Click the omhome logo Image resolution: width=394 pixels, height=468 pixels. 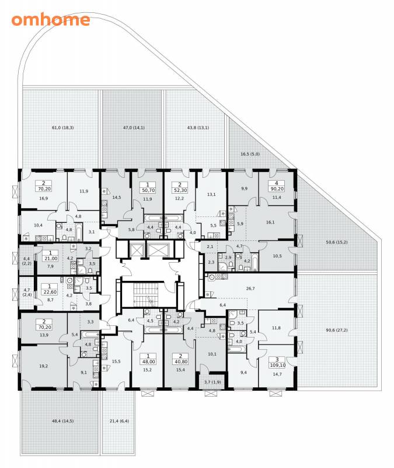[x=51, y=20]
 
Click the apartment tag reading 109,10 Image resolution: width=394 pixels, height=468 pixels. [x=277, y=362]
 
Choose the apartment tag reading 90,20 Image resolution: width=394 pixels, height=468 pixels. [x=277, y=186]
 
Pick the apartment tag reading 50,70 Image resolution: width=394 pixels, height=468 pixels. [x=148, y=187]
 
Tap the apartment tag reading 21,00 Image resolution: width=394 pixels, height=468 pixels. [x=51, y=256]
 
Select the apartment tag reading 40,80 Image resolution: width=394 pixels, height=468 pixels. [x=180, y=359]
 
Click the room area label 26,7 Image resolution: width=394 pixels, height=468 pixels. [x=250, y=288]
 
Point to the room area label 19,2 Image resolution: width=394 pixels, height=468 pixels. [x=43, y=366]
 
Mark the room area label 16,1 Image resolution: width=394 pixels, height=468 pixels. [x=270, y=222]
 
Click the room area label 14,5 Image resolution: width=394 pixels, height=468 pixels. [x=116, y=197]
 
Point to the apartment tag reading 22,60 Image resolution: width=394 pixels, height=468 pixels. [x=50, y=290]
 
